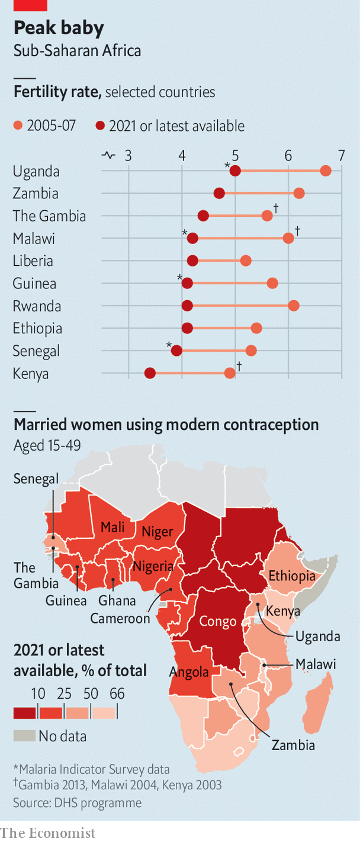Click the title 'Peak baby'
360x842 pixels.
tap(59, 28)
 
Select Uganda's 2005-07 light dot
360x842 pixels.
tap(326, 171)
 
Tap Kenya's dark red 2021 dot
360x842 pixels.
tap(150, 373)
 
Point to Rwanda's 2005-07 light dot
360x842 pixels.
tap(294, 306)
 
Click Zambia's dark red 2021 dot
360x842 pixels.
tap(219, 193)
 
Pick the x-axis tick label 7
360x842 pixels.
tap(341, 156)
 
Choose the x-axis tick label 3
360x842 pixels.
tap(128, 156)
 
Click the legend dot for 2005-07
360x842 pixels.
tap(18, 126)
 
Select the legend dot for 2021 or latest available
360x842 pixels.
tap(100, 126)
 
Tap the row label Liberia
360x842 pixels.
tap(33, 261)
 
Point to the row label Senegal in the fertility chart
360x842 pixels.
tap(36, 351)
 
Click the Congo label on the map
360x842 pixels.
tap(217, 621)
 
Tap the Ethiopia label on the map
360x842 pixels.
tap(291, 576)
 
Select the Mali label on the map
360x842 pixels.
tap(112, 527)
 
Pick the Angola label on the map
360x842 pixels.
tap(189, 671)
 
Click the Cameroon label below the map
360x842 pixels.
tap(120, 618)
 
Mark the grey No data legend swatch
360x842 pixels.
tap(24, 736)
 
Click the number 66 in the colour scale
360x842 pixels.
tap(117, 693)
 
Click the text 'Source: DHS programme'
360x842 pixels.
tap(78, 802)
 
